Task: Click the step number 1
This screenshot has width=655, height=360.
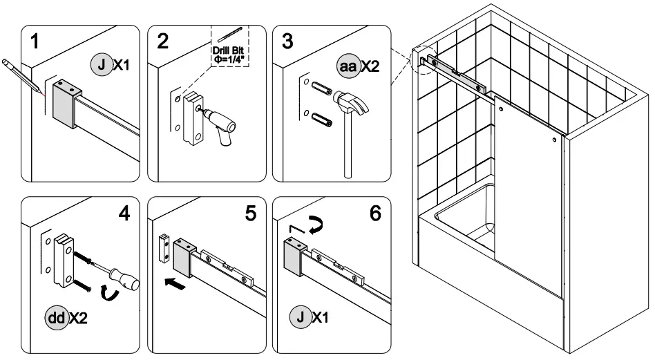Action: (x=32, y=42)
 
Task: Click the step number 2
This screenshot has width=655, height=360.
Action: (x=162, y=41)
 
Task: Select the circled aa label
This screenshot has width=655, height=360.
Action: (x=347, y=66)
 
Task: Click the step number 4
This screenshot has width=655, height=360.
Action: (x=124, y=214)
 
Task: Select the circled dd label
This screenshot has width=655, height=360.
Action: (x=57, y=319)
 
